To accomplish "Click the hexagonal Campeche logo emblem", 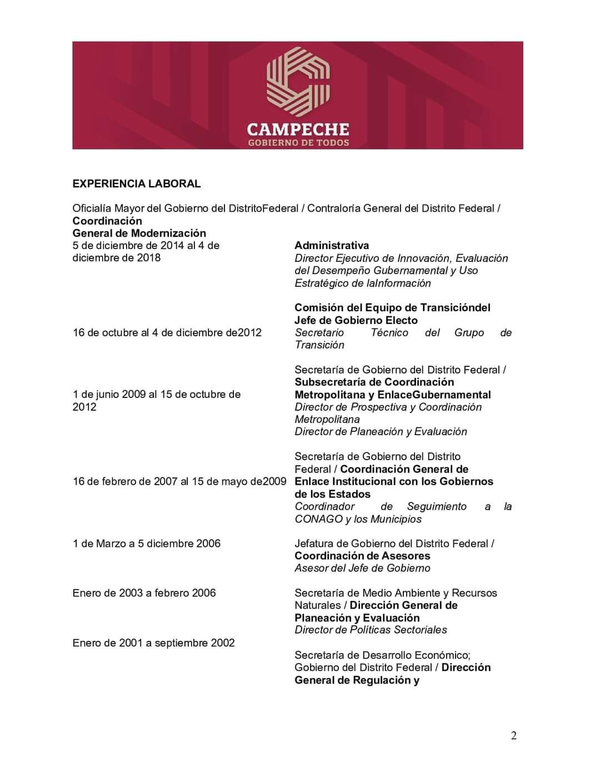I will click(298, 78).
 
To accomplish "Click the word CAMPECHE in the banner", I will click(298, 130).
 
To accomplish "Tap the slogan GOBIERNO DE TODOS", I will click(298, 143).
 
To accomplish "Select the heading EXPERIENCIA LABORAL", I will click(137, 183).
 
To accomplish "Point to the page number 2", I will click(513, 736).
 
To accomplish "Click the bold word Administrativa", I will click(332, 246).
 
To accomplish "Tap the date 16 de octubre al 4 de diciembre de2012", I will click(167, 332).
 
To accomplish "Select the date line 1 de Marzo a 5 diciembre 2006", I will click(147, 544).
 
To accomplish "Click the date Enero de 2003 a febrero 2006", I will click(144, 593).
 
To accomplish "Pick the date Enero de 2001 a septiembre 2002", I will click(153, 643).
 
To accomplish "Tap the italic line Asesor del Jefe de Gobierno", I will click(362, 568).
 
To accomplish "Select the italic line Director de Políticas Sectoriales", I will click(371, 630).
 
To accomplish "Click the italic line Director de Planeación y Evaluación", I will click(381, 432).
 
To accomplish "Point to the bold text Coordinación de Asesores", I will click(362, 556).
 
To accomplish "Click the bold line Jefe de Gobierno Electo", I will click(356, 320).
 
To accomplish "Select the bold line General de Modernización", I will click(139, 233).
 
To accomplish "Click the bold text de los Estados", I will click(332, 494).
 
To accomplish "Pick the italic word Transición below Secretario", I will click(319, 345).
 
